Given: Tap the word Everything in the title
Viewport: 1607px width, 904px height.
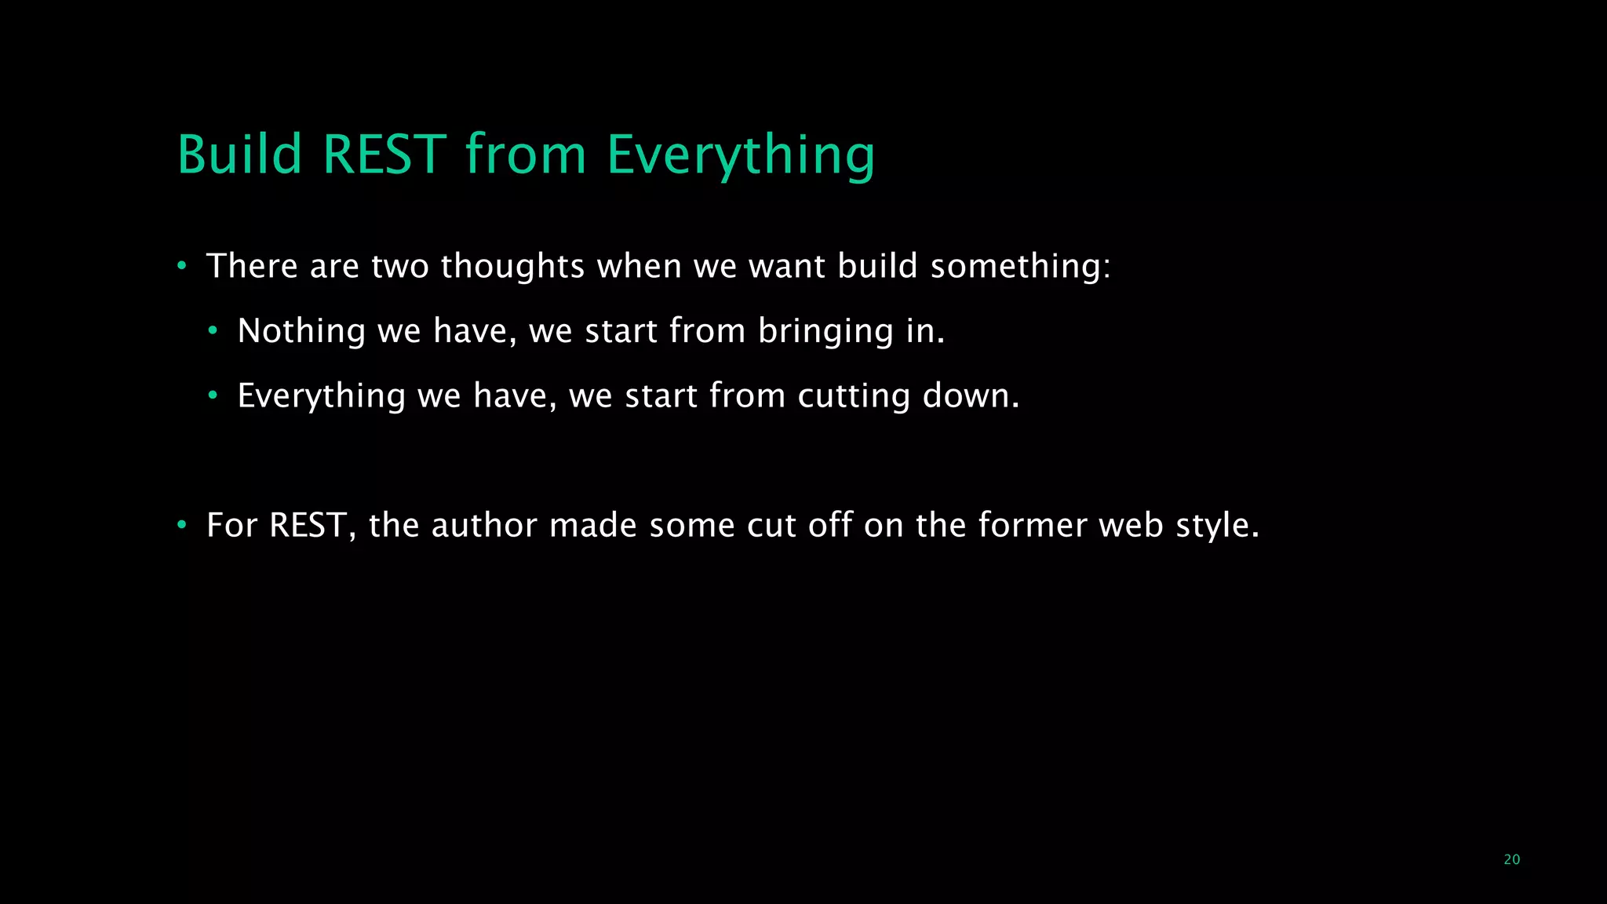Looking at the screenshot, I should click(740, 155).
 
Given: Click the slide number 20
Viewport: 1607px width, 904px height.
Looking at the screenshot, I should click(1511, 859).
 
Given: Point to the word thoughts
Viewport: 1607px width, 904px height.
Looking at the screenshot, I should click(512, 267).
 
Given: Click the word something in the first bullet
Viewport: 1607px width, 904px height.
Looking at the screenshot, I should click(1020, 267).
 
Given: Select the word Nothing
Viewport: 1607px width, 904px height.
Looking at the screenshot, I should click(301, 331).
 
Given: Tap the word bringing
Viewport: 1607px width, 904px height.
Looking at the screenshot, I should click(825, 332).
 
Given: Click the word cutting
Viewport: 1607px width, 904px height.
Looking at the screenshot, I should click(854, 396).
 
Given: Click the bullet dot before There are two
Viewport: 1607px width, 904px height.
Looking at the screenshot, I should click(181, 267).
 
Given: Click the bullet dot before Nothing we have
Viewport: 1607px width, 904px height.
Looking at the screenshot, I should click(213, 331).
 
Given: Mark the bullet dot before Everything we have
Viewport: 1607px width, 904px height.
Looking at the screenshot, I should click(213, 395).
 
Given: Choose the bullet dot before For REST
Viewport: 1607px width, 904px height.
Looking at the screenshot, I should click(181, 525).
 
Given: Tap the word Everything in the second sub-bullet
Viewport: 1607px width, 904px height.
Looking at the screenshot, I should click(321, 396).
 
